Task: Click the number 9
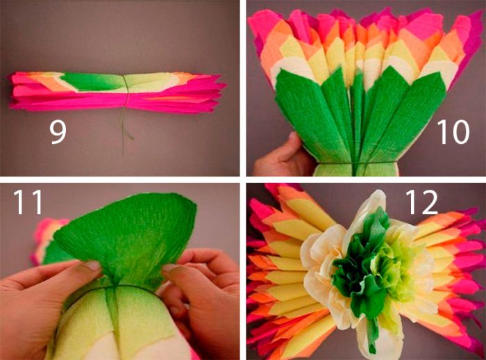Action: coord(58,131)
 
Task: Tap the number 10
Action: coord(453,131)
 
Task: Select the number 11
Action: coord(27,202)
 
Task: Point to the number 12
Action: coord(421,202)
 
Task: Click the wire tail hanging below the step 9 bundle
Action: coord(125,131)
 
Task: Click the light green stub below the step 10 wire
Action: coord(355,170)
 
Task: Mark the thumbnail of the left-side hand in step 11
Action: coord(93,265)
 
